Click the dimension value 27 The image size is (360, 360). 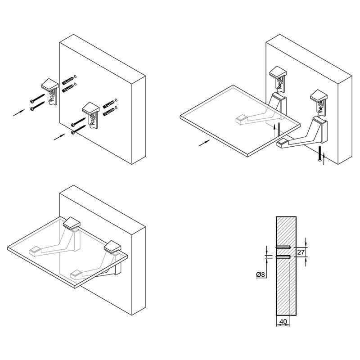301,252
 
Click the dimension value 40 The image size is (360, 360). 283,322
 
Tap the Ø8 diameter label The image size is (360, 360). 261,274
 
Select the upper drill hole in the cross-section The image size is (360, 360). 283,247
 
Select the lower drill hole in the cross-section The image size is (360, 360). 283,256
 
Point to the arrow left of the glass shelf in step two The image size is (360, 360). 204,143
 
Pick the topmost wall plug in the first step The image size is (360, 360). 68,80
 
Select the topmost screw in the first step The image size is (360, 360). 37,98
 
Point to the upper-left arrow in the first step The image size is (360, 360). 19,112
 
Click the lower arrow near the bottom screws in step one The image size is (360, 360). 59,137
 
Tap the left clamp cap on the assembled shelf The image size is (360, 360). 72,223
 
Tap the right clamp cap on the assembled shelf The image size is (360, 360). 112,247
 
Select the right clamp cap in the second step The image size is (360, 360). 319,95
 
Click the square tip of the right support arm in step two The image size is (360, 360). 282,143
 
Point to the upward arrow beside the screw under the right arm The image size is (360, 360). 324,159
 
